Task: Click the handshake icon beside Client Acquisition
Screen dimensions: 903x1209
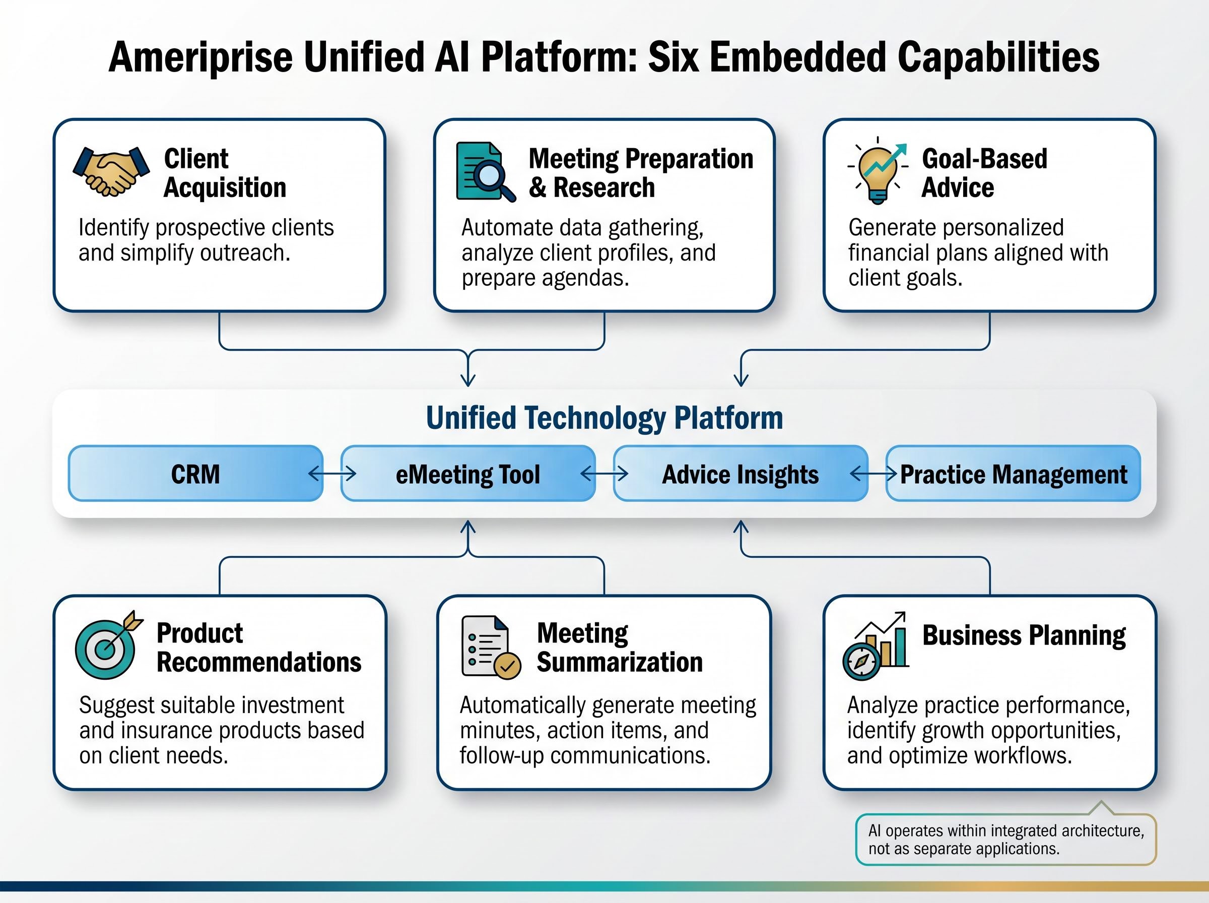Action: pyautogui.click(x=111, y=171)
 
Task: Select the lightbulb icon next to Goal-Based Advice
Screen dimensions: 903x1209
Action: pyautogui.click(x=878, y=170)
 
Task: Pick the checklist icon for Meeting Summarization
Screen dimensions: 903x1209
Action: pyautogui.click(x=490, y=647)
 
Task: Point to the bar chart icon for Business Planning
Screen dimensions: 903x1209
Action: pyautogui.click(x=877, y=646)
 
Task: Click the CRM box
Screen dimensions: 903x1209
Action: pyautogui.click(x=195, y=474)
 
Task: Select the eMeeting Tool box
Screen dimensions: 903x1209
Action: pyautogui.click(x=467, y=474)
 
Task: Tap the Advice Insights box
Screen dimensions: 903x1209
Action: pyautogui.click(x=740, y=474)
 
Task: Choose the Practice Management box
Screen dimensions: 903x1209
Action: pyautogui.click(x=1013, y=474)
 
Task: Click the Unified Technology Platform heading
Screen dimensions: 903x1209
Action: pyautogui.click(x=604, y=418)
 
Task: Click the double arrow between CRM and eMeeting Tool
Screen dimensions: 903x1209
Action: pyautogui.click(x=332, y=473)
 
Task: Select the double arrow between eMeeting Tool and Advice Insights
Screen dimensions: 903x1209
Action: pyautogui.click(x=604, y=473)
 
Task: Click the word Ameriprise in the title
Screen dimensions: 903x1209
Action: pyautogui.click(x=200, y=57)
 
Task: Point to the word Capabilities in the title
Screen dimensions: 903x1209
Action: pyautogui.click(x=998, y=57)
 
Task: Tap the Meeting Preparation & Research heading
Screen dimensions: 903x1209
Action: pyautogui.click(x=640, y=173)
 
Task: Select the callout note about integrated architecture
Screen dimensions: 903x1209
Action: pyautogui.click(x=1006, y=840)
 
